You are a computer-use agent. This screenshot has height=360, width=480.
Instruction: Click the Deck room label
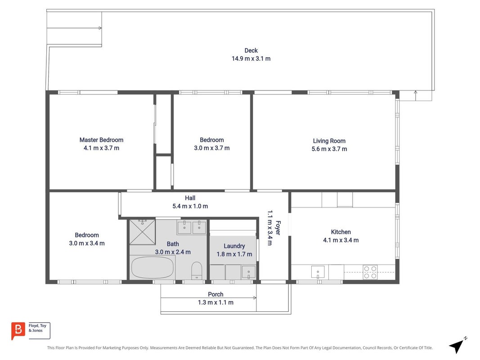tap(251, 50)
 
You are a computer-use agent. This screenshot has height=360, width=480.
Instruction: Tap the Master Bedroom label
tap(101, 140)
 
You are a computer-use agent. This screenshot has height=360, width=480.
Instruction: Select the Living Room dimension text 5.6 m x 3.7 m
tap(329, 149)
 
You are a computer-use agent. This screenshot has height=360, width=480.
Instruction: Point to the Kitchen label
tap(341, 232)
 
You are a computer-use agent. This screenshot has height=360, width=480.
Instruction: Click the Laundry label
tap(234, 246)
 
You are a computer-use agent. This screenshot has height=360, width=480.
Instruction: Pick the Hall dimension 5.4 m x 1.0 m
tap(190, 207)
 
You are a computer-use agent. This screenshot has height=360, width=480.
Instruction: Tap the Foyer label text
tap(278, 228)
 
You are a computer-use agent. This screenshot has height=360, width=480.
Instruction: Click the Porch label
tap(215, 294)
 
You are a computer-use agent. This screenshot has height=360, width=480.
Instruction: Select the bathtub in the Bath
tap(152, 268)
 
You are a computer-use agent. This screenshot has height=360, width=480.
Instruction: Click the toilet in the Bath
tap(197, 270)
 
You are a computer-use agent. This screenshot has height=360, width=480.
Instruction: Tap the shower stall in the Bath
tap(142, 232)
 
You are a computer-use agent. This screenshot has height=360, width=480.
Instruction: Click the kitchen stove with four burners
tap(370, 272)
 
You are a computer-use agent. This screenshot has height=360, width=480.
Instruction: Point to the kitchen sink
tap(318, 272)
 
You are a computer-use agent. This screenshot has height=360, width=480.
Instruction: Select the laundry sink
tap(249, 272)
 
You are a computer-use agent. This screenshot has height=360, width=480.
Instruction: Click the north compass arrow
tap(457, 346)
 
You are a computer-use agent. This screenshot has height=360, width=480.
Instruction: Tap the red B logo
tap(18, 331)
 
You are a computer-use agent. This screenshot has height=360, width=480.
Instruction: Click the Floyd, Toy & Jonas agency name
tap(37, 328)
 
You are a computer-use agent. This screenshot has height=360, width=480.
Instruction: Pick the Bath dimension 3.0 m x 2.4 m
tap(173, 252)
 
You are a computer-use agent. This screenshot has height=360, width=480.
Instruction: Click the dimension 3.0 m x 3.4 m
tap(87, 243)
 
